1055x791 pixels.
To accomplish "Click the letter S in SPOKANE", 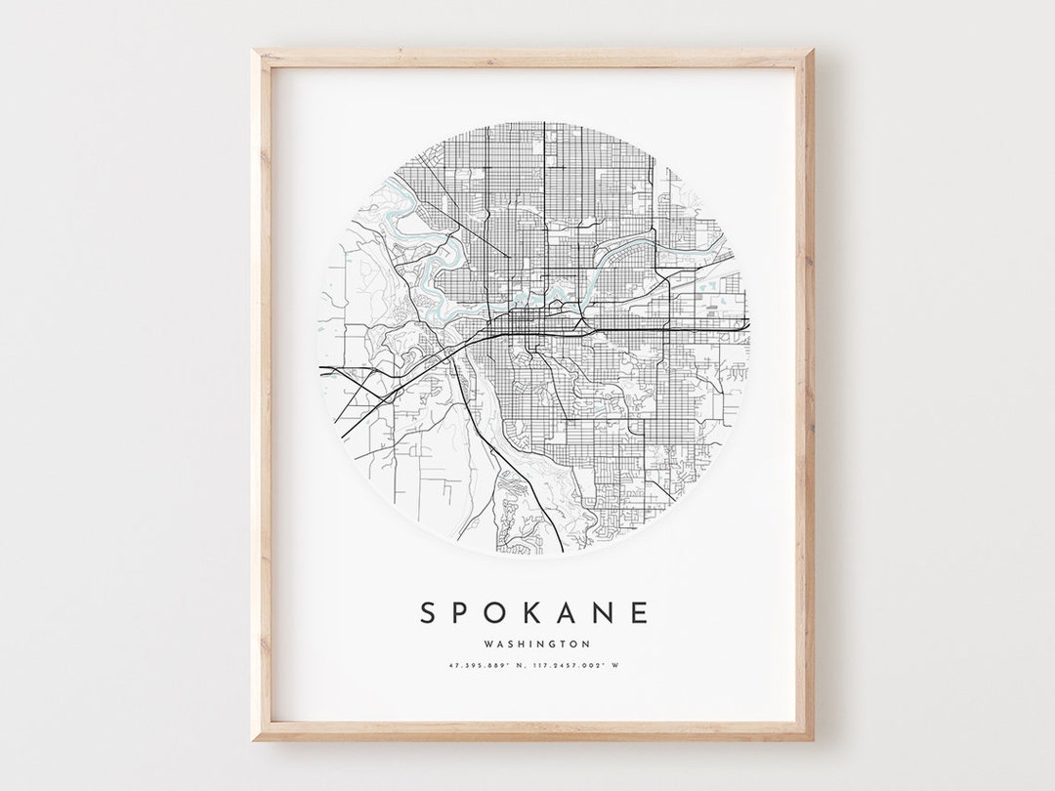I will pyautogui.click(x=428, y=613).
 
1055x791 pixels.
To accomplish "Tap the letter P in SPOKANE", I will pyautogui.click(x=464, y=613).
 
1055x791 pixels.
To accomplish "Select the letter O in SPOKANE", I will pyautogui.click(x=500, y=613).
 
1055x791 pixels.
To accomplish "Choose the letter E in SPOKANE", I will pyautogui.click(x=641, y=613).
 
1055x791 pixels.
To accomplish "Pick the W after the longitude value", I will pyautogui.click(x=616, y=666).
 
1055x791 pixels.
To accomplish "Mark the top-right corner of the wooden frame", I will pyautogui.click(x=813, y=50).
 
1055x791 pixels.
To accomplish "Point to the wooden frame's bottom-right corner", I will pyautogui.click(x=813, y=739).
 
